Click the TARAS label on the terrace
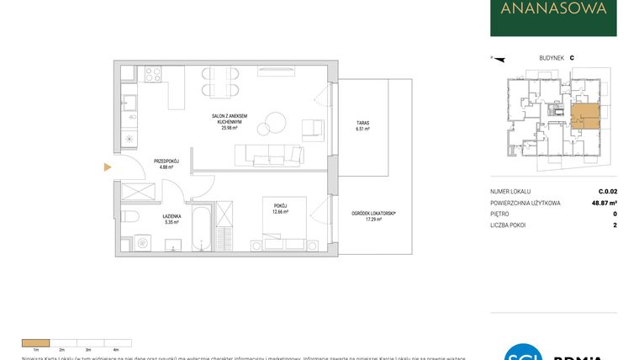point(362,123)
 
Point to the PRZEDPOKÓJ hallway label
point(163,161)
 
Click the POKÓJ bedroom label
point(280,205)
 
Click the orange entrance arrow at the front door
point(107,167)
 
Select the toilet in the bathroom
point(129,216)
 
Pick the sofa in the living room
point(269,154)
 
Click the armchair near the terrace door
point(313,128)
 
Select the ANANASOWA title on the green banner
point(553,10)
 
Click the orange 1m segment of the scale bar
point(35,342)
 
